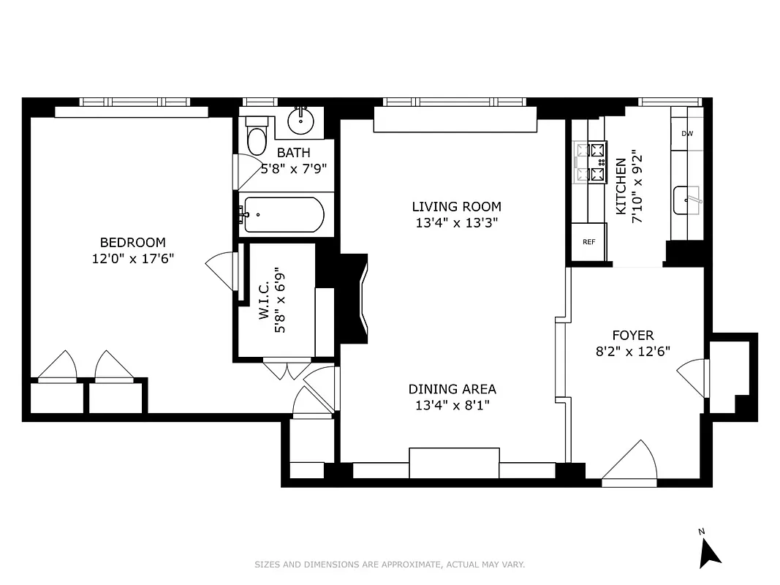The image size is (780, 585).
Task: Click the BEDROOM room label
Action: click(132, 242)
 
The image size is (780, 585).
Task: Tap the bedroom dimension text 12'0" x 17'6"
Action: click(132, 258)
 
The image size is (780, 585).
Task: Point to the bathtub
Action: click(284, 215)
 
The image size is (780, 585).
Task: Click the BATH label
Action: click(293, 153)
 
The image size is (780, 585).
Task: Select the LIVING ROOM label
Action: click(456, 207)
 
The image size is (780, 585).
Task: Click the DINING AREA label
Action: click(452, 389)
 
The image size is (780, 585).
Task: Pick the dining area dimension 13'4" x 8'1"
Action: click(452, 405)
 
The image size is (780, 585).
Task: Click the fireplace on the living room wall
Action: click(357, 298)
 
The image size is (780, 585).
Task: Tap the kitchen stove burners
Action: click(591, 162)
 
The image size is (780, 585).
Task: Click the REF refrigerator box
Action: click(588, 242)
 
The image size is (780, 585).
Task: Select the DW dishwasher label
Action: click(686, 134)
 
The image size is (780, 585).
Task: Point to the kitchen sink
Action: click(687, 200)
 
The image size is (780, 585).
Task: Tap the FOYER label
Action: click(632, 335)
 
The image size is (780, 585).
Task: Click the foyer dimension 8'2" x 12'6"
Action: click(632, 351)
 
